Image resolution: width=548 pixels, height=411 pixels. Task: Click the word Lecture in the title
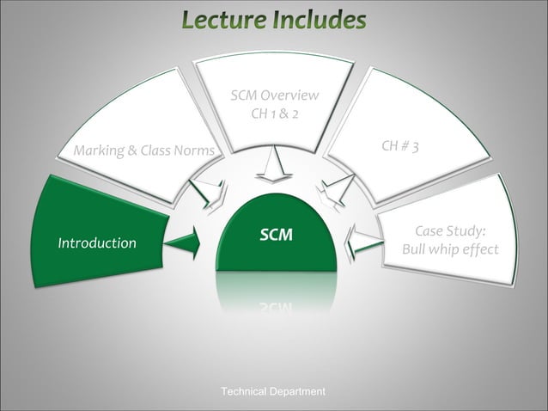tap(225, 19)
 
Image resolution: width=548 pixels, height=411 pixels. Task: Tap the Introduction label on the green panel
tap(96, 243)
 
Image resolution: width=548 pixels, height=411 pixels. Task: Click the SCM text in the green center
tap(276, 235)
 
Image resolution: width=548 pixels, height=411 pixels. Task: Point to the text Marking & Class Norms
tap(143, 152)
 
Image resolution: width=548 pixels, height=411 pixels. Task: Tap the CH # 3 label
tap(400, 147)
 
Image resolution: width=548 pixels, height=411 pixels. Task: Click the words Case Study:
tap(450, 231)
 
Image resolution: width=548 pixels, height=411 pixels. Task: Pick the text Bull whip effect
tap(450, 250)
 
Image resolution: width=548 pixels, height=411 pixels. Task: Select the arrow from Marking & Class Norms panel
tap(209, 193)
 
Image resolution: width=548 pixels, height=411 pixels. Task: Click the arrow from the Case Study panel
tap(363, 242)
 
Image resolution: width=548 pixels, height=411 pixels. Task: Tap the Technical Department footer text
tap(273, 392)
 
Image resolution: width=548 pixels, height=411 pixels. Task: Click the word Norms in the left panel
tap(193, 152)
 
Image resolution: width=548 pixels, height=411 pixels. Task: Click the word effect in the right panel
tap(478, 250)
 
